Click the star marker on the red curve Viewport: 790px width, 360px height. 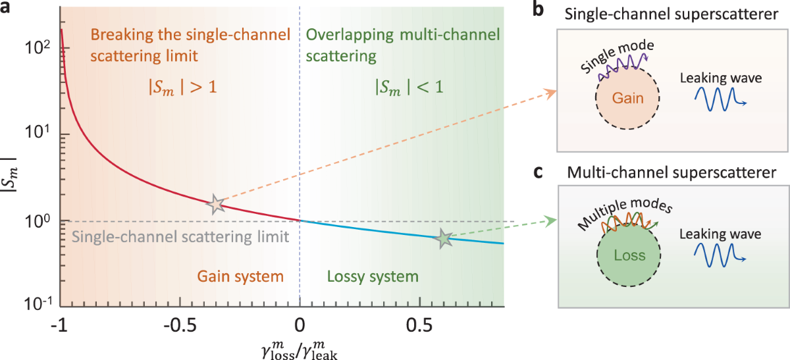click(x=216, y=204)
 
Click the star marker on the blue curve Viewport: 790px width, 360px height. click(x=444, y=239)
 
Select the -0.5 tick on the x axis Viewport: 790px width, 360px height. click(x=179, y=324)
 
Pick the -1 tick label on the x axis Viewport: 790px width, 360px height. click(x=59, y=324)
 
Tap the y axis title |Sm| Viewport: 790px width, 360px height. click(x=14, y=176)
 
